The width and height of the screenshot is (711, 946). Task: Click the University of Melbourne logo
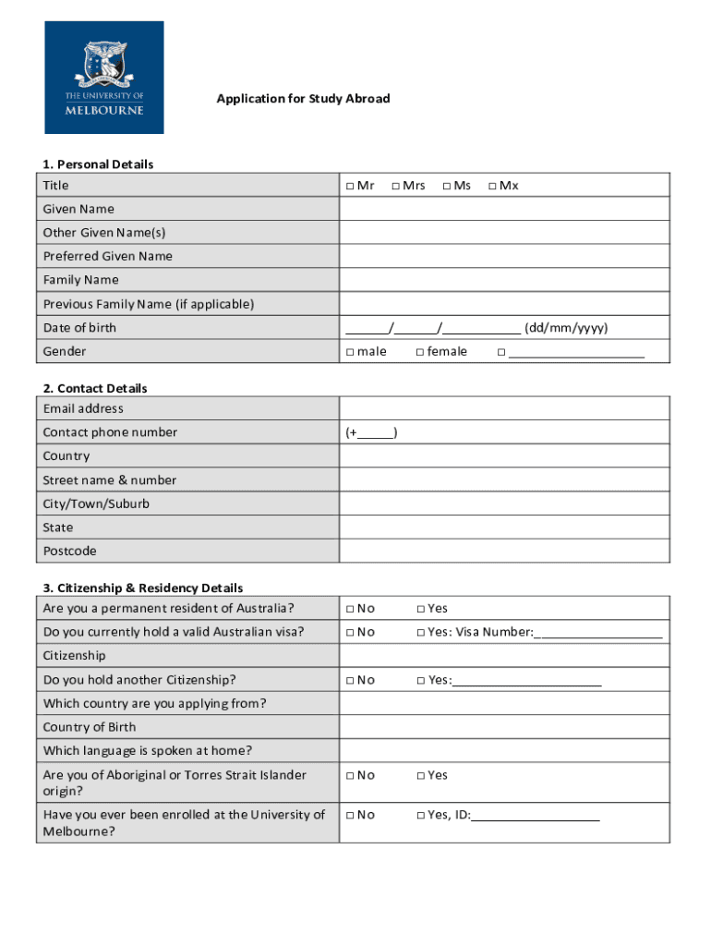point(104,78)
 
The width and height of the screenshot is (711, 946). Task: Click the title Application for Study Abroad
point(303,99)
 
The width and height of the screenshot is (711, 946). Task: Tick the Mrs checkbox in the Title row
point(395,187)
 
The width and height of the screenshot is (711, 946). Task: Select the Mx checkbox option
point(492,187)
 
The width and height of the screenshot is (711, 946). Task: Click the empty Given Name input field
point(504,209)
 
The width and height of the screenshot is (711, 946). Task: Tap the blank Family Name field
point(504,280)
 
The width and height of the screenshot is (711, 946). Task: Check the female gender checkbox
point(420,352)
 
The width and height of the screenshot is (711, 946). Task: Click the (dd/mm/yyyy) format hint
point(566,328)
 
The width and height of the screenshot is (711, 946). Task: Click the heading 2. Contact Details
point(95,388)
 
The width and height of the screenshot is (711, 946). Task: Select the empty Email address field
point(504,408)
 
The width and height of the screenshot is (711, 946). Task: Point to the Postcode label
point(69,552)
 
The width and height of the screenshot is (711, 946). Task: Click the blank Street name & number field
point(504,480)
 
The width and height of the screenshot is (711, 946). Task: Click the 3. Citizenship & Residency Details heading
point(143,588)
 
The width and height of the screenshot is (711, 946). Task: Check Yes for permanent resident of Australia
point(420,609)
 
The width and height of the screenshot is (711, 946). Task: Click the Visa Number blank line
point(598,634)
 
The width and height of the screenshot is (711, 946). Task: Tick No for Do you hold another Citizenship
point(351,681)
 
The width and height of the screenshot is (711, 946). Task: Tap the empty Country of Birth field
point(504,727)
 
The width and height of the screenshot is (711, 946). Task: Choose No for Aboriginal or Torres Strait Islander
point(351,776)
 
